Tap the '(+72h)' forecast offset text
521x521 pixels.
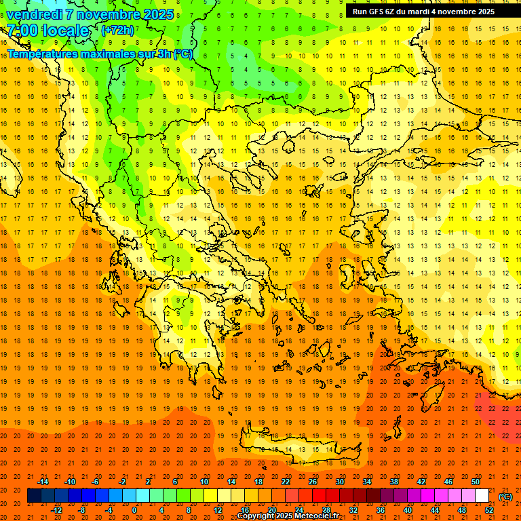[x=117, y=31]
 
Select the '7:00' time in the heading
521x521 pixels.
[x=22, y=31]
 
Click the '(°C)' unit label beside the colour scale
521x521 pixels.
[x=505, y=497]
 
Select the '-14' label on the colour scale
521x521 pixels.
[x=43, y=482]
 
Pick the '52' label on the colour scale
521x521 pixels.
[x=488, y=510]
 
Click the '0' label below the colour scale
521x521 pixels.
[x=134, y=510]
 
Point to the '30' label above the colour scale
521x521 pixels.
[x=339, y=482]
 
